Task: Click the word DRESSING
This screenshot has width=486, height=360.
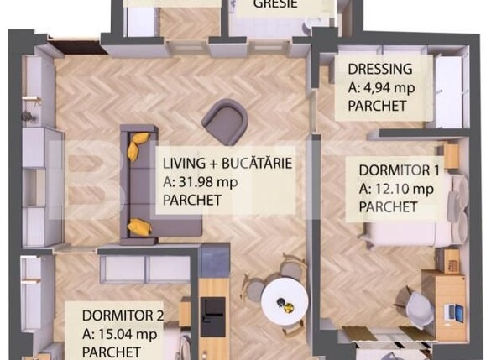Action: pyautogui.click(x=380, y=69)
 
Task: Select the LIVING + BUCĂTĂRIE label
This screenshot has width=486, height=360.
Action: pyautogui.click(x=227, y=164)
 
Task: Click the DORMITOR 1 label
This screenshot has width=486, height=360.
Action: pyautogui.click(x=400, y=170)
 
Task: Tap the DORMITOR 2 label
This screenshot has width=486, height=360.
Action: pyautogui.click(x=123, y=316)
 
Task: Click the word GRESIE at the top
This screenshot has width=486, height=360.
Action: pyautogui.click(x=275, y=4)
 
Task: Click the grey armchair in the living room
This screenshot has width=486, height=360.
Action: pyautogui.click(x=225, y=122)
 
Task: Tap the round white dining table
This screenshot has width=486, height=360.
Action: pyautogui.click(x=285, y=301)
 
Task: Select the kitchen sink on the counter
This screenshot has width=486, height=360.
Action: pyautogui.click(x=212, y=316)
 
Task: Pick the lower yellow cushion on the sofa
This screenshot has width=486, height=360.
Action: pyautogui.click(x=139, y=227)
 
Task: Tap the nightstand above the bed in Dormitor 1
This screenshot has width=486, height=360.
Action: pyautogui.click(x=451, y=156)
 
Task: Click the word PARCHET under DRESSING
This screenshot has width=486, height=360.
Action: pyautogui.click(x=377, y=107)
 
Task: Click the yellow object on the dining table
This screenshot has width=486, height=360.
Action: pyautogui.click(x=290, y=308)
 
